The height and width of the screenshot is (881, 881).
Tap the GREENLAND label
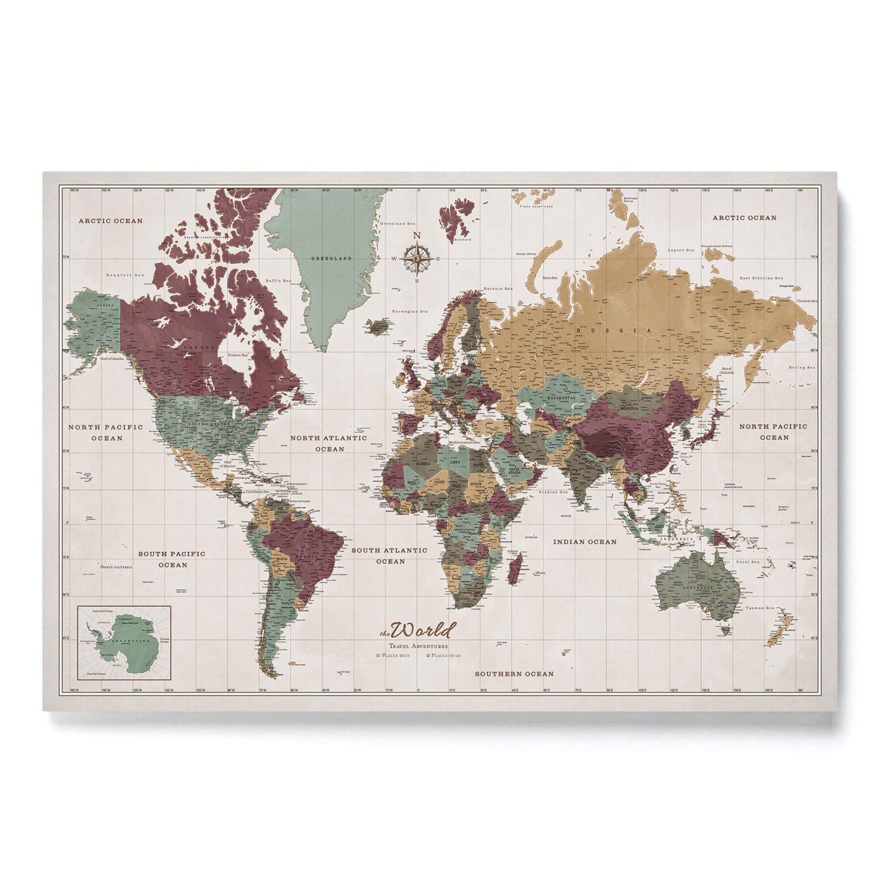[x=332, y=259]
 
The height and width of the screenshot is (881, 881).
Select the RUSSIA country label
[x=614, y=330]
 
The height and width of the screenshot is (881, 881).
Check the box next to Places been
[x=378, y=655]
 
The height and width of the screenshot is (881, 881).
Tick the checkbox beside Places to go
[x=427, y=655]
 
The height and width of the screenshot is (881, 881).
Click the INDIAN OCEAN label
[x=584, y=541]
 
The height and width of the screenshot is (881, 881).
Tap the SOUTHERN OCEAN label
[x=514, y=674]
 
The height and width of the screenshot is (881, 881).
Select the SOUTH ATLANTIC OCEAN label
[x=389, y=555]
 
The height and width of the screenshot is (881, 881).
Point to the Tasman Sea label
[x=760, y=609]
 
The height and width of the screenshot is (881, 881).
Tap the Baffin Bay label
[x=279, y=280]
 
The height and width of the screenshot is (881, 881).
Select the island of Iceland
[x=378, y=326]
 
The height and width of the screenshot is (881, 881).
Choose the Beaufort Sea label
[x=126, y=275]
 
